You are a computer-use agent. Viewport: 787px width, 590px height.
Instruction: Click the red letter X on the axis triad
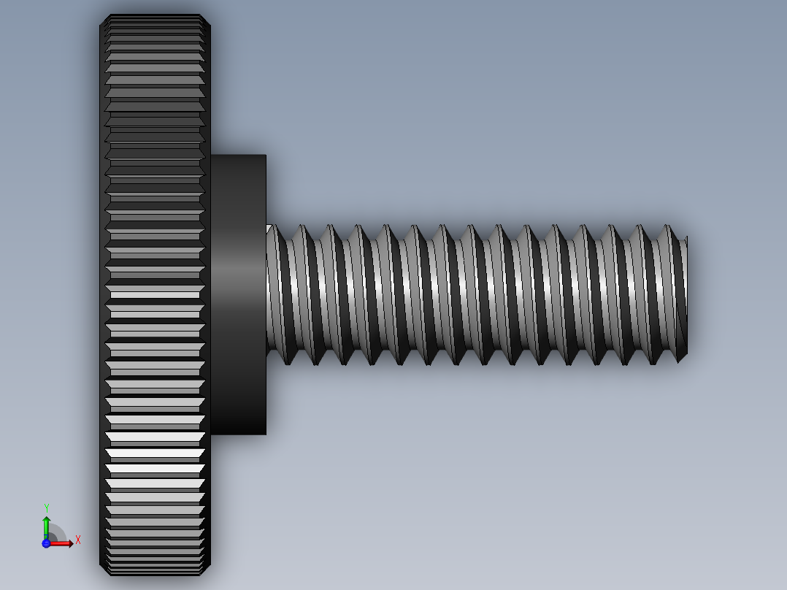pos(77,540)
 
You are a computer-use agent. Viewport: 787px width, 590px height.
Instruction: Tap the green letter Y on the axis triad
pos(47,507)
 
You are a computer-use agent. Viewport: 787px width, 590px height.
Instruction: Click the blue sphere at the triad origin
pos(46,543)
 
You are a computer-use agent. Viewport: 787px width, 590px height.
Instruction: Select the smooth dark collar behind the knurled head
pos(238,292)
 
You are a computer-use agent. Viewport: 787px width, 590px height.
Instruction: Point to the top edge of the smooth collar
pos(238,156)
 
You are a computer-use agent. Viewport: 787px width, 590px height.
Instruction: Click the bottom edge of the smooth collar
pos(238,434)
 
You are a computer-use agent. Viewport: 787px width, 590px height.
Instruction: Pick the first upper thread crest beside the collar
pos(300,227)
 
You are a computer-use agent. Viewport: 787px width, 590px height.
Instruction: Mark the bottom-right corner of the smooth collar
pos(266,434)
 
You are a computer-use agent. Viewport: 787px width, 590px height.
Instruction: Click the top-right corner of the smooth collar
pos(266,156)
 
